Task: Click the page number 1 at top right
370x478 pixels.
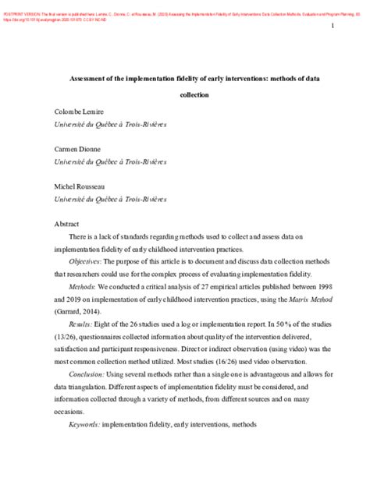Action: [x=332, y=27]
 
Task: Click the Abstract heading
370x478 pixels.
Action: [x=66, y=225]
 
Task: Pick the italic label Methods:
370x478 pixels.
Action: [x=83, y=287]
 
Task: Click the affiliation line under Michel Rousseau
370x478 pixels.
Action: [x=110, y=200]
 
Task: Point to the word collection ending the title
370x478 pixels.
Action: [x=184, y=95]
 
